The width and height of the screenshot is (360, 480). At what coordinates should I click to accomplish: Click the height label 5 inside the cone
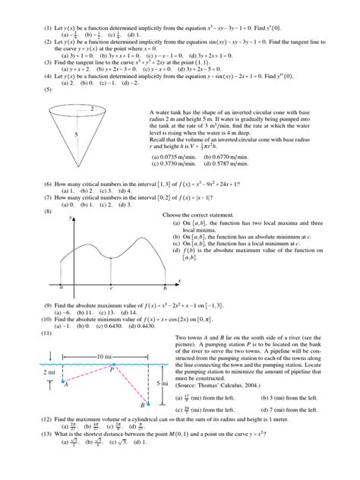coord(74,134)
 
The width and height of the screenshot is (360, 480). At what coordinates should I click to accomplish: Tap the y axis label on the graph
coord(71,218)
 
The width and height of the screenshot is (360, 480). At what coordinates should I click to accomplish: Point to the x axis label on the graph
coord(179,280)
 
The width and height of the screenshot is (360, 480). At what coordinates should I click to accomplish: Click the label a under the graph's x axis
coord(61,288)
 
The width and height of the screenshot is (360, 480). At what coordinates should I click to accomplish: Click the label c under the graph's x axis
coord(112,288)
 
